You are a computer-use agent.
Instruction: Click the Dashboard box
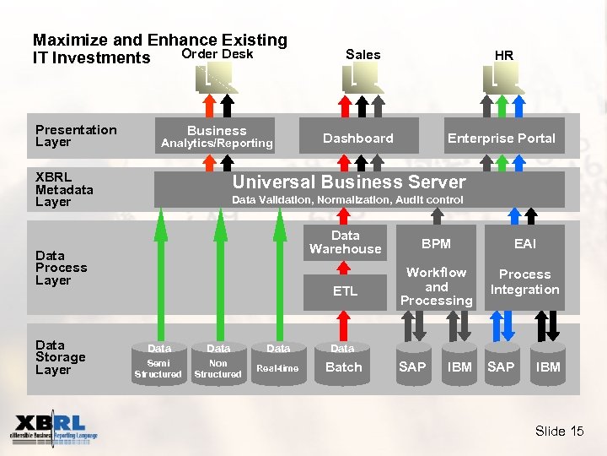click(x=358, y=138)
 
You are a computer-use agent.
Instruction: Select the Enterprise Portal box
click(x=501, y=138)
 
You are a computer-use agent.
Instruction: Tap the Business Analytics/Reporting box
click(x=217, y=137)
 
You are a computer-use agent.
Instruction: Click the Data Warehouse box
click(x=345, y=242)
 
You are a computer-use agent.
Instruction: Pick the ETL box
click(x=345, y=291)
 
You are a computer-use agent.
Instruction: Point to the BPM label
click(x=436, y=243)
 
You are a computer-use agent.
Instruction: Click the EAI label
click(x=524, y=243)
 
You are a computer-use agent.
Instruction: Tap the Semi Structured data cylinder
click(x=158, y=363)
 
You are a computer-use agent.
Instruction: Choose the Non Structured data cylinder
click(x=218, y=363)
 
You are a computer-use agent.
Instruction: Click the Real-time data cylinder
click(x=277, y=363)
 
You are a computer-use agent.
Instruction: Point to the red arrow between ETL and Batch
click(x=344, y=324)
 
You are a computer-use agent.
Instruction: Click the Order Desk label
click(x=218, y=54)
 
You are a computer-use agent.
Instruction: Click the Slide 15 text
click(x=559, y=431)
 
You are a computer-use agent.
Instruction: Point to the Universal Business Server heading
click(x=348, y=182)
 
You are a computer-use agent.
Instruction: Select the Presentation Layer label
click(x=76, y=135)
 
